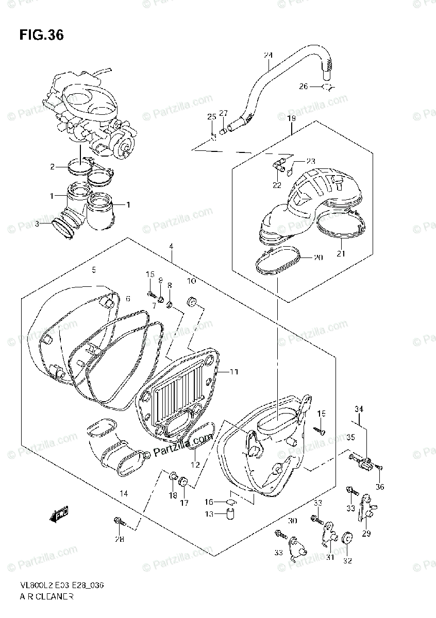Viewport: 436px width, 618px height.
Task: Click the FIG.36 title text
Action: [x=41, y=36]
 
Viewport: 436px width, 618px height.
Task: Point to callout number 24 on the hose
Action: [x=267, y=55]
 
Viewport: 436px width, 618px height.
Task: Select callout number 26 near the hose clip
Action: [x=303, y=87]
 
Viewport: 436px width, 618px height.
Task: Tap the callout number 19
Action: [x=291, y=118]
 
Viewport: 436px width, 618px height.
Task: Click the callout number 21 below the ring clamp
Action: [x=341, y=253]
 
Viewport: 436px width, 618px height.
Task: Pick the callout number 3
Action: [x=37, y=223]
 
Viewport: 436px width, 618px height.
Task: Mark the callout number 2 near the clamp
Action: [x=52, y=167]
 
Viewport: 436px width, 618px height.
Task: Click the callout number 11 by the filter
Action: [x=234, y=371]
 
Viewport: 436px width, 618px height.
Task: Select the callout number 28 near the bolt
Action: [x=120, y=539]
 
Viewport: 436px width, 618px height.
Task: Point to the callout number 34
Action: [x=358, y=409]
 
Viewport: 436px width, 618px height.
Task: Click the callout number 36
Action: [x=380, y=487]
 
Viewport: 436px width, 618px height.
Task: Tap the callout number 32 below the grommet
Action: [x=347, y=561]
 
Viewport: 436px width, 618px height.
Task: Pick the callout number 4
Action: [x=171, y=247]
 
